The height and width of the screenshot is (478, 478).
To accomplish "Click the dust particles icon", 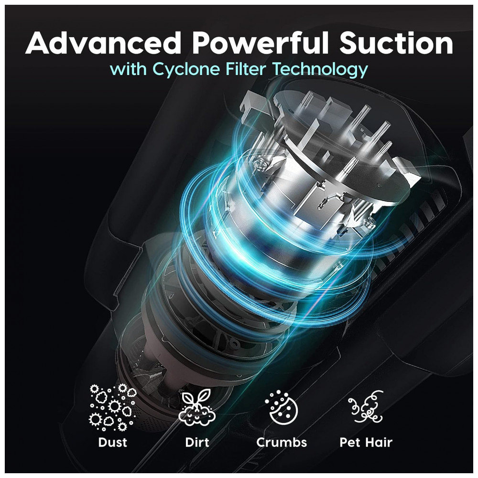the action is click(112, 407).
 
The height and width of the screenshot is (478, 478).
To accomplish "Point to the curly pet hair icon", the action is click(366, 406).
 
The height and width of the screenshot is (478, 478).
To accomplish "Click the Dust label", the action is click(112, 442).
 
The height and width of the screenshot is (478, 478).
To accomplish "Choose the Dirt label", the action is click(197, 442).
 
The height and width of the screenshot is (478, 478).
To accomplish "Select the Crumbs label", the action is click(282, 442).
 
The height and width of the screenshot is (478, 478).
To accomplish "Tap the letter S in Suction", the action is click(349, 43).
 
